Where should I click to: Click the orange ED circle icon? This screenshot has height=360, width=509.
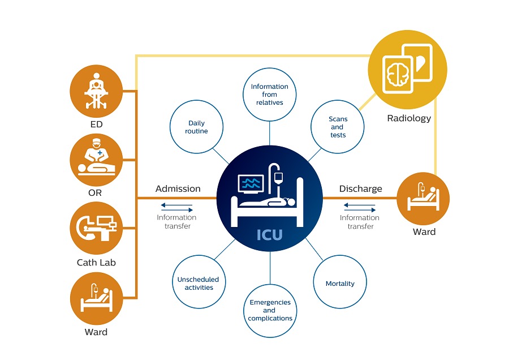point(97,91)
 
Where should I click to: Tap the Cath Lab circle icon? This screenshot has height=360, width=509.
point(97,228)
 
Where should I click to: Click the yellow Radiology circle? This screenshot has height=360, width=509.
point(408,71)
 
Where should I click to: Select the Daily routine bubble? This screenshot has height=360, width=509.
point(196,127)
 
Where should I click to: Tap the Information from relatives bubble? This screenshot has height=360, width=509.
point(270,95)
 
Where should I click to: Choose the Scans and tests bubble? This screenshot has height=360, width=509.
point(338,127)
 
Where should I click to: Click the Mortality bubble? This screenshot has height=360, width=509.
point(340,283)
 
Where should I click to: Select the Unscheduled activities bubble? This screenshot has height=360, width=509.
point(199,283)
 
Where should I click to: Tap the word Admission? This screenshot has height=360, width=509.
point(178,188)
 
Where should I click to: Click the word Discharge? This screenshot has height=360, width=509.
point(360,188)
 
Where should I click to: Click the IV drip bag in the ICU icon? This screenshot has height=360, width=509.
point(278,178)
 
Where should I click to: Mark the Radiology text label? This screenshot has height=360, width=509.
point(409,118)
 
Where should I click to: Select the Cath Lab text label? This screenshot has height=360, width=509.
point(96,263)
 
